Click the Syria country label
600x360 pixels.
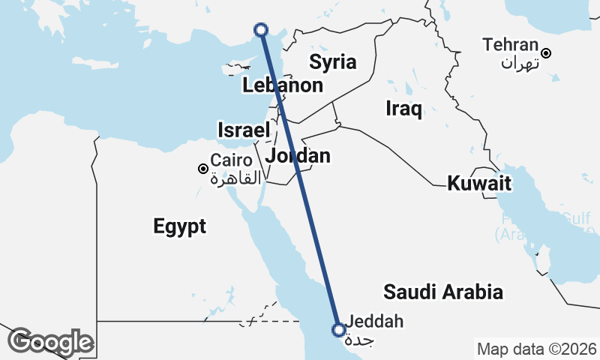[x=333, y=61]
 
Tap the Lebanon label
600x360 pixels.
[x=283, y=85]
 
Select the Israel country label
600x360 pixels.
[x=244, y=130]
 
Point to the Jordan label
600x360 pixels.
[x=298, y=156]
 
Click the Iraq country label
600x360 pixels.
[x=404, y=108]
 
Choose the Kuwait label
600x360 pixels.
[x=479, y=183]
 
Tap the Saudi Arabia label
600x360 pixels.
[x=442, y=292]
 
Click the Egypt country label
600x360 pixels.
[x=179, y=226]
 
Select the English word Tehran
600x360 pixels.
[x=511, y=45]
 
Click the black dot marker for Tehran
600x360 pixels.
[x=547, y=52]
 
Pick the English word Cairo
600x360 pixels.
[x=226, y=160]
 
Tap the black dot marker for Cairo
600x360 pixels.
[x=202, y=169]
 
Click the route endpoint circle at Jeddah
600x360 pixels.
[x=339, y=328]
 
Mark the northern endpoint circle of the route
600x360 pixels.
[x=261, y=30]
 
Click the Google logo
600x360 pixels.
[x=50, y=342]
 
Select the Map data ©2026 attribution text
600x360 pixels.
[x=535, y=349]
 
